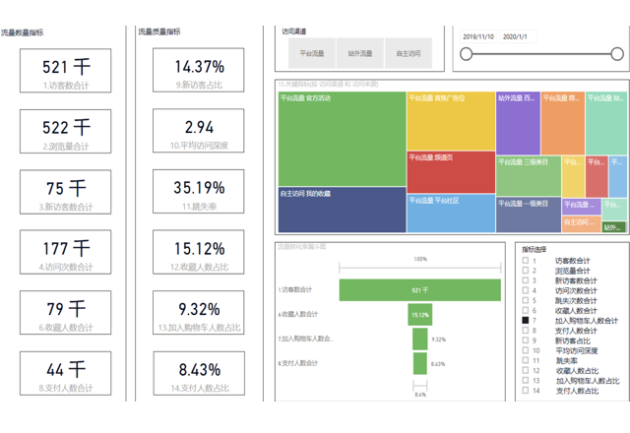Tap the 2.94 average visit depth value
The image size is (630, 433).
199,127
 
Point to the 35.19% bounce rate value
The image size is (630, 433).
199,187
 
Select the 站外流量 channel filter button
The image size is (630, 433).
360,53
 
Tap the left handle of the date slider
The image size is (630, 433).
466,55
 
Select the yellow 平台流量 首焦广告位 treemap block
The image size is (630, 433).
451,120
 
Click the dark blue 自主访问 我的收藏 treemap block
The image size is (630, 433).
342,209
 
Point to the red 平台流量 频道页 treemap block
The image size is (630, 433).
451,171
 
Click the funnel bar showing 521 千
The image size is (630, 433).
420,289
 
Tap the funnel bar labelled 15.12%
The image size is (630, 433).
420,315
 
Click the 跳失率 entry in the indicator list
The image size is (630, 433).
566,359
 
